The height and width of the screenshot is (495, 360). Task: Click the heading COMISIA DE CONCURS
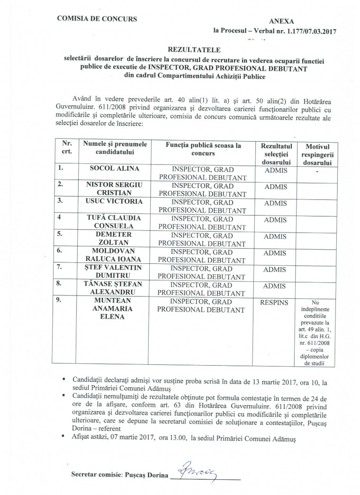pyautogui.click(x=97, y=19)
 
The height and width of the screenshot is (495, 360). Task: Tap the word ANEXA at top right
pyautogui.click(x=281, y=22)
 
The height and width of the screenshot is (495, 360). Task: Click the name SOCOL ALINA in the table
pyautogui.click(x=114, y=168)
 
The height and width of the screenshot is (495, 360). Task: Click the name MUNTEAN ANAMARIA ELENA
pyautogui.click(x=115, y=308)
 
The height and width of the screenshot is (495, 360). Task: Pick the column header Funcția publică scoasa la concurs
pyautogui.click(x=203, y=150)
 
